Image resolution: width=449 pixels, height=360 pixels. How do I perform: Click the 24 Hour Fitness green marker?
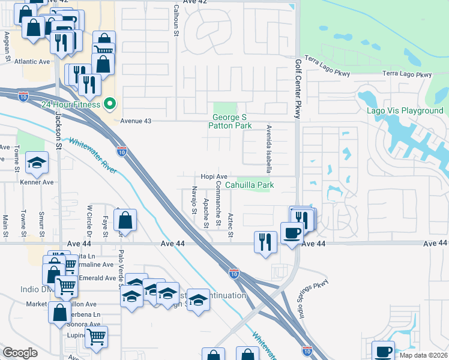point(109,104)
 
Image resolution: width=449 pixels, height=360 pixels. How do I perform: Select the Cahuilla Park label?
point(249,185)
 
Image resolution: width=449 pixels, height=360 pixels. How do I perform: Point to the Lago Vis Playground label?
point(405,111)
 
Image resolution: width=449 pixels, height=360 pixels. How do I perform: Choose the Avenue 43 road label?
point(136,121)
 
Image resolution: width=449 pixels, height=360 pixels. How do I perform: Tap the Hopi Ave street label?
point(214,176)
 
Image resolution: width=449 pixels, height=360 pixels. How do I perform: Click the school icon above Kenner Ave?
point(37,162)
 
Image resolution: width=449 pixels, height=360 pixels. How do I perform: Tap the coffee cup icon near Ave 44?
point(292,233)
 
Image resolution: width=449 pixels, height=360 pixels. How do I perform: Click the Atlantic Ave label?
point(32,61)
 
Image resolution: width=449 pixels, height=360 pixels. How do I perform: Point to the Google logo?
point(20,353)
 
